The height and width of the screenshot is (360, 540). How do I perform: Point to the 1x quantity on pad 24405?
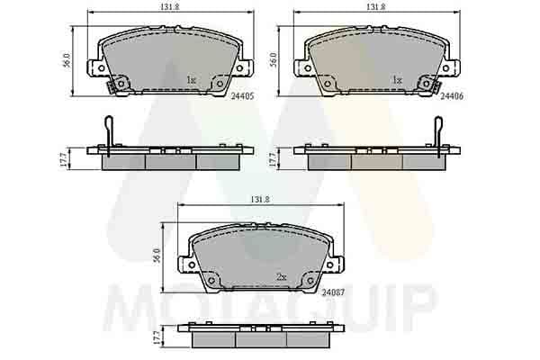point(191,80)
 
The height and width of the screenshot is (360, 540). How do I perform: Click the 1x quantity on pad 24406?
point(396,80)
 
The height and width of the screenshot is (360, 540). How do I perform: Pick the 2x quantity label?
point(281,278)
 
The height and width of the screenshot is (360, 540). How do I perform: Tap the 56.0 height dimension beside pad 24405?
point(66,60)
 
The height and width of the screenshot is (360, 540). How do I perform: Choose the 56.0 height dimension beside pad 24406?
point(273,60)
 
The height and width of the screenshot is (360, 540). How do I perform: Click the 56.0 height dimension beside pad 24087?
point(157,256)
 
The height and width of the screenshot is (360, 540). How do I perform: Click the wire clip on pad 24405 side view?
point(109,130)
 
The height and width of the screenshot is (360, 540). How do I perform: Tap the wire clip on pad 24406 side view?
point(439,130)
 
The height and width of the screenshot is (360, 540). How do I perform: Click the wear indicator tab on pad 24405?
point(112,87)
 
